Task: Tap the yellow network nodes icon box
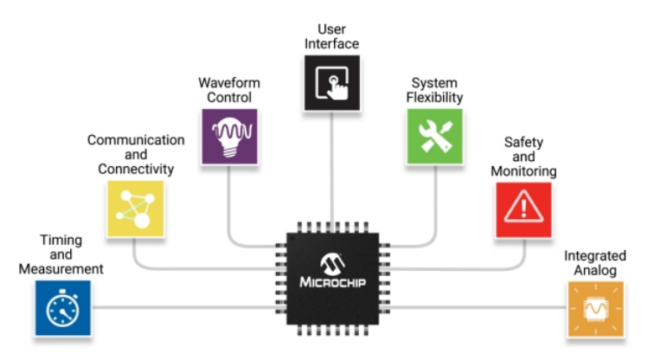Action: tap(135, 209)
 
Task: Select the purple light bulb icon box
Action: tap(229, 136)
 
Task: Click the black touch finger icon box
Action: tap(332, 82)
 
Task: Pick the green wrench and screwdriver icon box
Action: tap(435, 136)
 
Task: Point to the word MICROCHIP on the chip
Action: tap(333, 282)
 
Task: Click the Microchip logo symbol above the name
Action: tap(333, 262)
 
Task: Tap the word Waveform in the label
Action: tap(229, 83)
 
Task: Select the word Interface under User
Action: tap(332, 44)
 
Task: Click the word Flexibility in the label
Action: tap(435, 98)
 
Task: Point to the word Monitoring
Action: tap(523, 170)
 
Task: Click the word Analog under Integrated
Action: tap(595, 271)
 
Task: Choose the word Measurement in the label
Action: tap(61, 269)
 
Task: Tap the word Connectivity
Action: tap(136, 170)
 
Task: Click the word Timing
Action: tap(61, 239)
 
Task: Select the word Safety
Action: tap(523, 140)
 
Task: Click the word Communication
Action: tap(136, 139)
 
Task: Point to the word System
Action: tap(435, 83)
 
